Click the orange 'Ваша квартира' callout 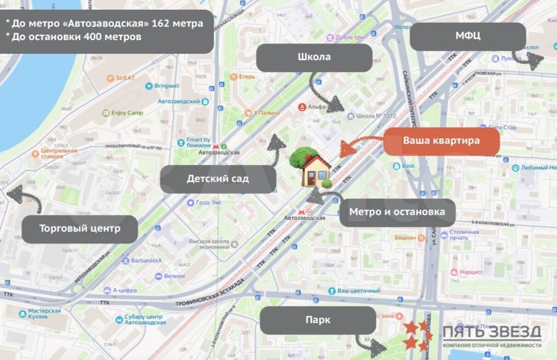441,141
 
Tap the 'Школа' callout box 314,57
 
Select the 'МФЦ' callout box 467,37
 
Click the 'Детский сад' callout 218,179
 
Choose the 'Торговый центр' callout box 79,228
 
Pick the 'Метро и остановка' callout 397,212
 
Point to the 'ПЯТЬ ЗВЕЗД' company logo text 492,332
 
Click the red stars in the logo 417,336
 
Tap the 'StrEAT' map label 125,77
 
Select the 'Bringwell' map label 167,86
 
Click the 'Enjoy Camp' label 126,112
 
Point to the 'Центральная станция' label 59,154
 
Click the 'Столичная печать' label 463,235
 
